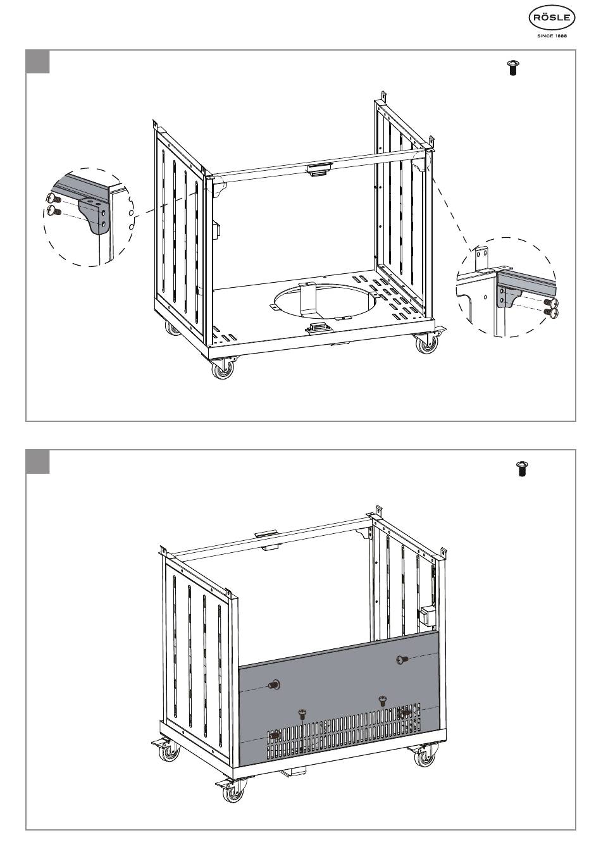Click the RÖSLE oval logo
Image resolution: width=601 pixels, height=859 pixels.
(x=552, y=19)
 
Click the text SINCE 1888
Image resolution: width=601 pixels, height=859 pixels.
(x=552, y=37)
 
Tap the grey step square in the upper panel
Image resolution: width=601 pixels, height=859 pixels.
(x=37, y=62)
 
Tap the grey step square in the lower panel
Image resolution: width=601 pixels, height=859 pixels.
(x=37, y=462)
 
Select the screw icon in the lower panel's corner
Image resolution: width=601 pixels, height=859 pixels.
(x=523, y=469)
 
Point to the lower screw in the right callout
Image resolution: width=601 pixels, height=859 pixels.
(x=549, y=311)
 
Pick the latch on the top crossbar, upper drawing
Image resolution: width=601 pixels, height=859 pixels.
(x=320, y=169)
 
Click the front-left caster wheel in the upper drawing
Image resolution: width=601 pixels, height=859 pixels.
(x=223, y=370)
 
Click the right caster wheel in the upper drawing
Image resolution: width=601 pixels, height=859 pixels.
(x=423, y=345)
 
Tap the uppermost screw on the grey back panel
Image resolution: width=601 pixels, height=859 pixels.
(x=401, y=660)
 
